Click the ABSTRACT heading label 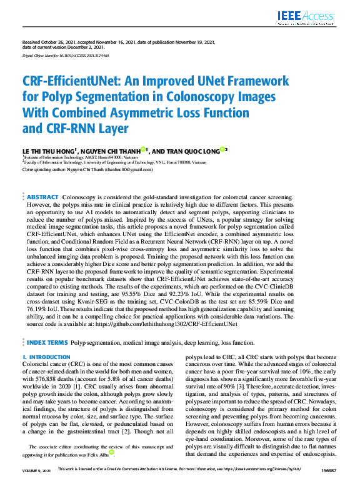click(43, 197)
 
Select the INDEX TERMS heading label click(46, 343)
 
